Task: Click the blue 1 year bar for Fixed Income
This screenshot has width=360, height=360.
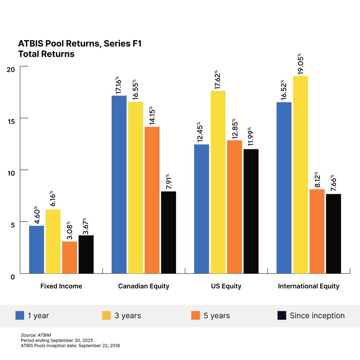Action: point(36,249)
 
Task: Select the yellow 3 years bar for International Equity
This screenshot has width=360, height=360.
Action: point(300,175)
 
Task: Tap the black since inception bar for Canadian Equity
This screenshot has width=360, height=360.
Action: point(168,232)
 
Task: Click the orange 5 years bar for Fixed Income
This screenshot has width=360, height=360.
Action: point(70,257)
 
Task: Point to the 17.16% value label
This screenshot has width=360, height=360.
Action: point(119,85)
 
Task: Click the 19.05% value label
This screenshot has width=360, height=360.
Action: point(301,64)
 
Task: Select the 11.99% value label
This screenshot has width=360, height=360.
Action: point(251,137)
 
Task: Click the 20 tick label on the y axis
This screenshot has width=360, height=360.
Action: point(11,70)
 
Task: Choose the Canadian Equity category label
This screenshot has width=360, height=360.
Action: point(144,286)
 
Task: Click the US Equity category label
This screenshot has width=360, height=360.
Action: point(226,286)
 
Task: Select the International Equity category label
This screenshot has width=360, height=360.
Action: point(309,286)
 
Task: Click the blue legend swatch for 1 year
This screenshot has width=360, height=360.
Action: point(20,315)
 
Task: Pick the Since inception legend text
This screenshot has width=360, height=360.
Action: point(317,316)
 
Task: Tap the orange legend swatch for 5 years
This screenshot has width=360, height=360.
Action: point(195,315)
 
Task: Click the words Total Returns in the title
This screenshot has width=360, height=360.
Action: point(46,54)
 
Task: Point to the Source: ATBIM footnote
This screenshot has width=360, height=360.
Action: point(36,335)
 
